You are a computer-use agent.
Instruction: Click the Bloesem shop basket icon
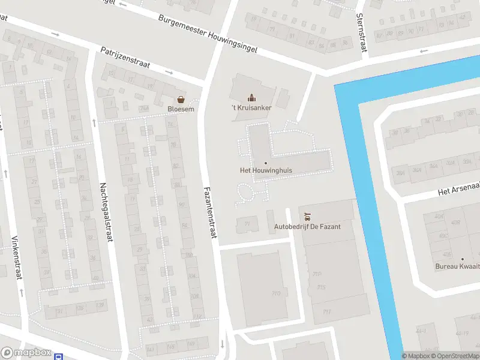click(x=180, y=100)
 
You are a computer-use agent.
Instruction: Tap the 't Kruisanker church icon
click(x=251, y=97)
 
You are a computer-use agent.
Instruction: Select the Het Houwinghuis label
click(x=266, y=170)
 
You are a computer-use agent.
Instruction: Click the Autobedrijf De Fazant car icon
click(x=307, y=216)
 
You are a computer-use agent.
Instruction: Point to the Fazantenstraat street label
click(x=209, y=212)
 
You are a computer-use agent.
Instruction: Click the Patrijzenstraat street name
click(x=125, y=58)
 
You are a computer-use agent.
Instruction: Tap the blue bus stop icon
click(x=59, y=356)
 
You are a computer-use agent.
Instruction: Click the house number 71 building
click(x=247, y=223)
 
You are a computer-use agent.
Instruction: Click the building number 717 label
click(x=326, y=311)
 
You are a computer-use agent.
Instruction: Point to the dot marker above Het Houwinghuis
click(x=266, y=163)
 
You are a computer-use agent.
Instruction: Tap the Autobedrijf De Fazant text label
click(x=307, y=226)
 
